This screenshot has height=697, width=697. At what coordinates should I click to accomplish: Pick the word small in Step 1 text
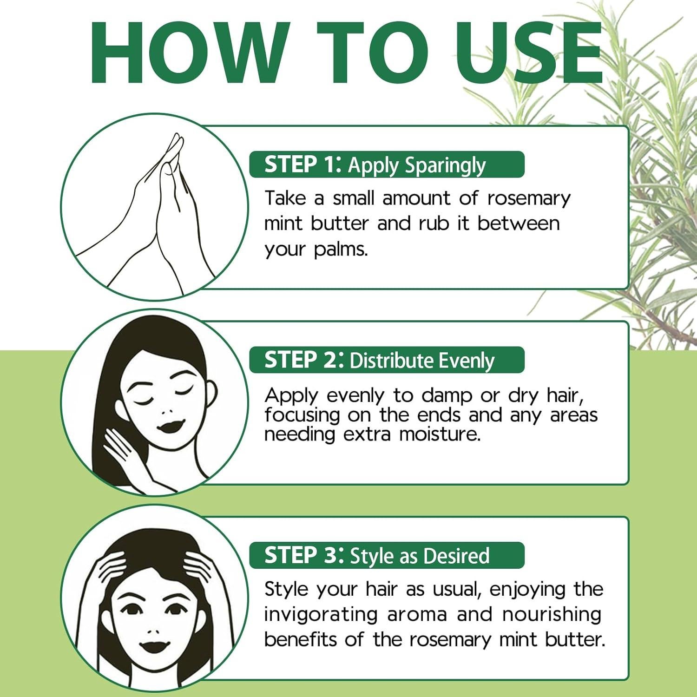point(353,198)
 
